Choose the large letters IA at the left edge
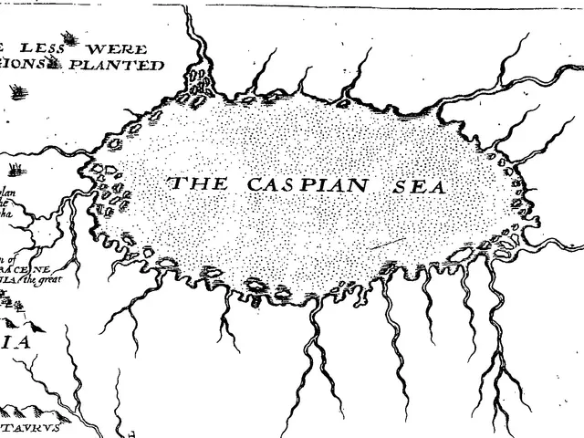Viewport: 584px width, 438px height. [16, 343]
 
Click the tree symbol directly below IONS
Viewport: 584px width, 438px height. [18, 90]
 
